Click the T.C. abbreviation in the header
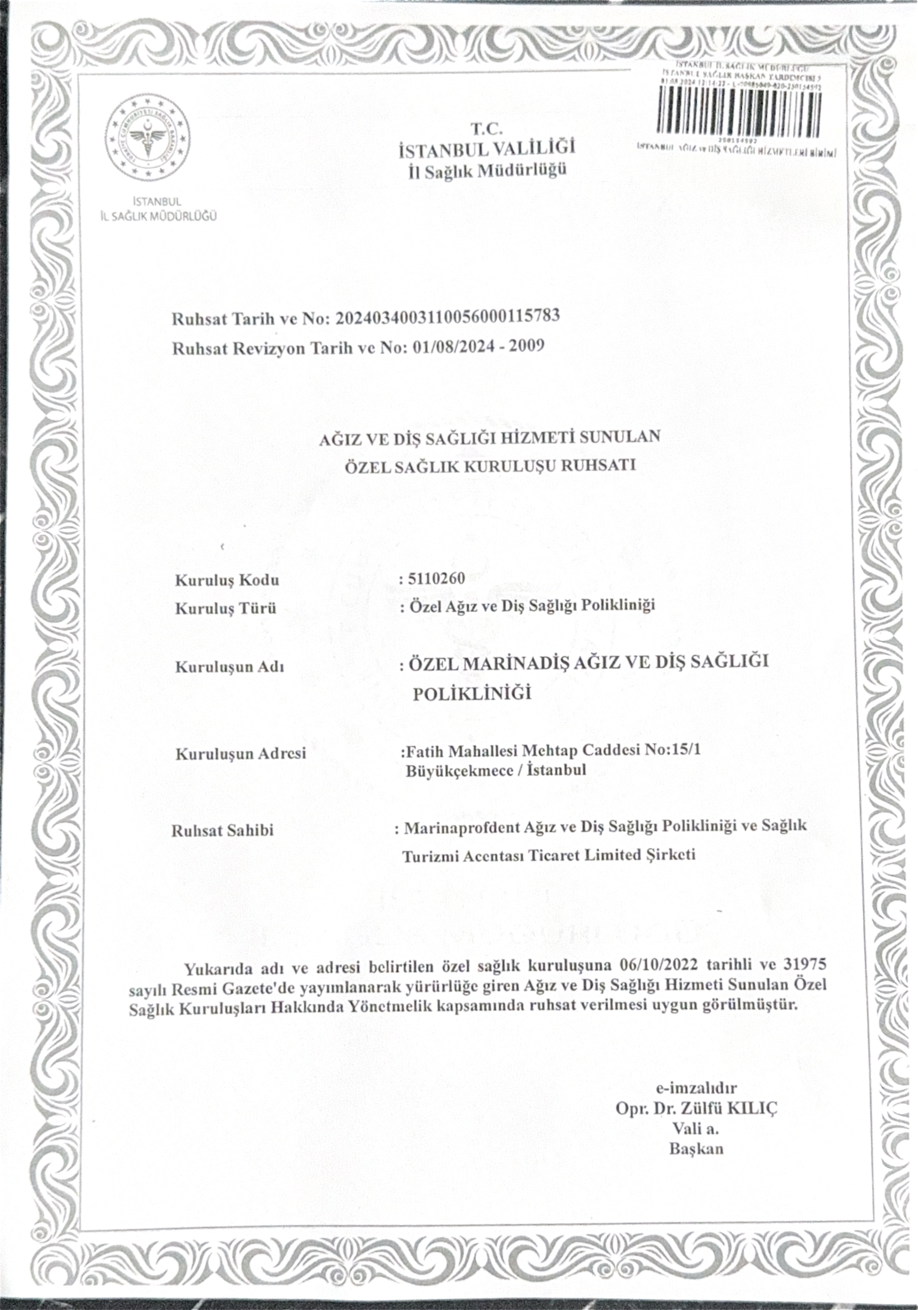[x=486, y=129]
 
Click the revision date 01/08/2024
[x=451, y=346]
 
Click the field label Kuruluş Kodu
[x=227, y=580]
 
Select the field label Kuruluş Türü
[x=225, y=608]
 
